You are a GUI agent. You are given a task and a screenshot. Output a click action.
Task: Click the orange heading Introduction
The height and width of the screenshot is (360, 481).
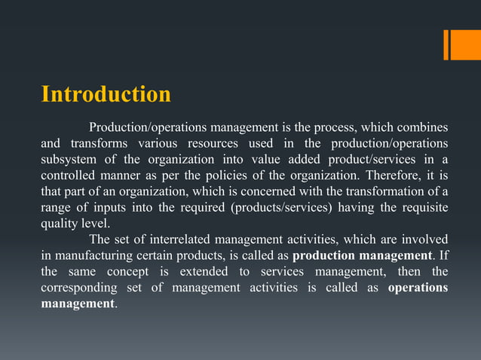[x=106, y=96]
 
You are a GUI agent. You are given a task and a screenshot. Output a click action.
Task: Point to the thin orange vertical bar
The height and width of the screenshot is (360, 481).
[x=446, y=44]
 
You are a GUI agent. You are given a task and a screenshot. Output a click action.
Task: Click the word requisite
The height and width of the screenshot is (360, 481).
[x=419, y=207]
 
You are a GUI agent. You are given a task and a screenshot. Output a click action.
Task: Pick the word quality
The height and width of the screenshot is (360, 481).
[x=60, y=224]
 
